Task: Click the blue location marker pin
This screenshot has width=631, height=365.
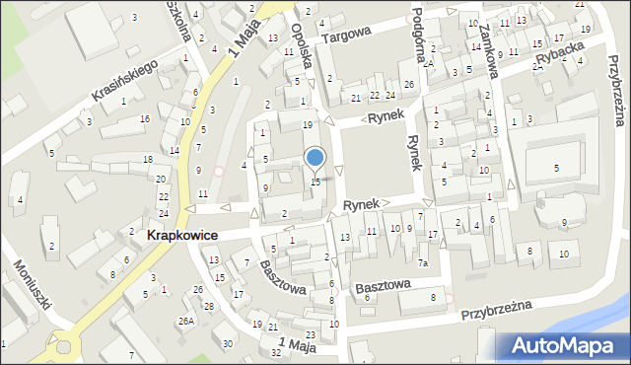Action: pos(315,157)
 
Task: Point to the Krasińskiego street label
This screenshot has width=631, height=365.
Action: pos(125,81)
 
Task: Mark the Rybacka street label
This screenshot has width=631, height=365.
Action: pos(554,60)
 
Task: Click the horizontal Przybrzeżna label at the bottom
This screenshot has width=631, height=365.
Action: pos(497,311)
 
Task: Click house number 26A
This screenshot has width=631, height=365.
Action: pos(184,321)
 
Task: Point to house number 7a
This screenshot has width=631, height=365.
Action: pos(422,262)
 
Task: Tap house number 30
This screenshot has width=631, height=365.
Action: pos(229,343)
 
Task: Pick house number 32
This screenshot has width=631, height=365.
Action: pos(276,352)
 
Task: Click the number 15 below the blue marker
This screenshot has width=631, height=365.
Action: pos(315,182)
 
